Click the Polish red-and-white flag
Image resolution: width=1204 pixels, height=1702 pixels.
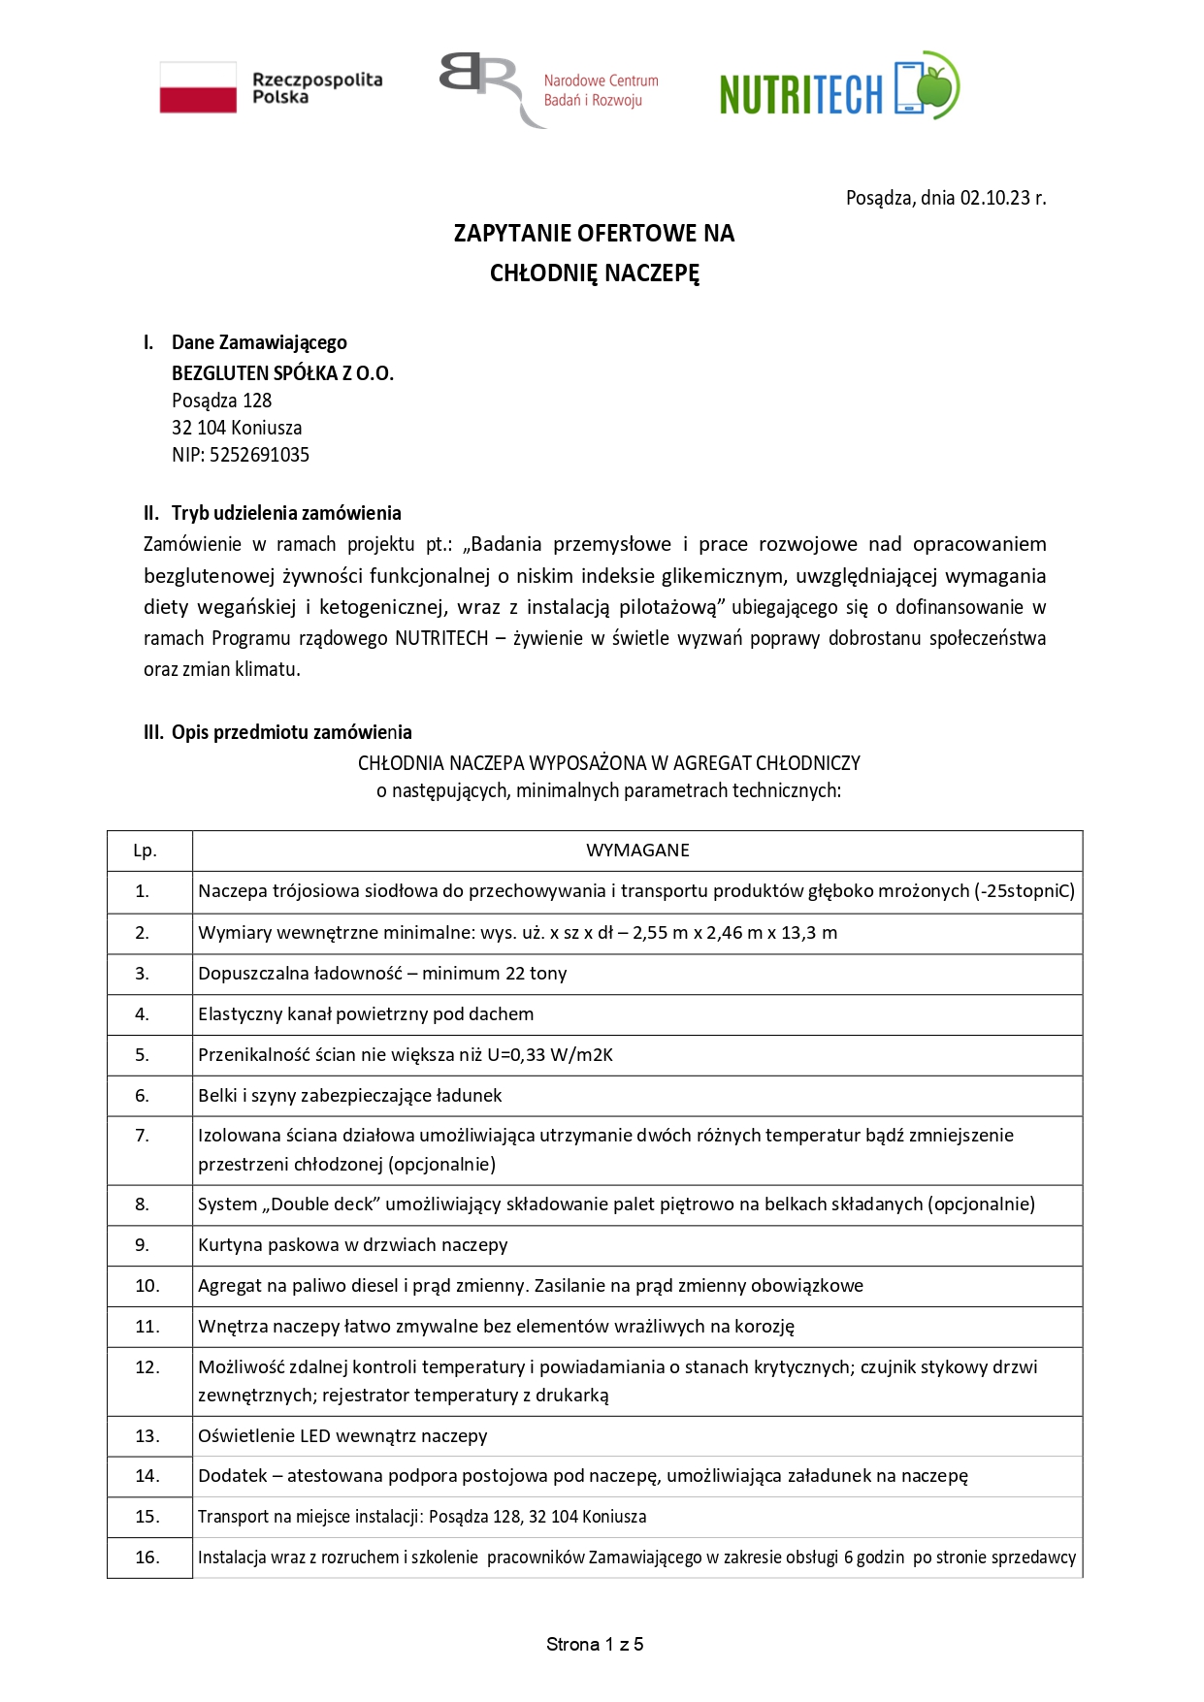click(x=198, y=87)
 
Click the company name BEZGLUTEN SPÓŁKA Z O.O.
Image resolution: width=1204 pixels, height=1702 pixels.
click(x=282, y=373)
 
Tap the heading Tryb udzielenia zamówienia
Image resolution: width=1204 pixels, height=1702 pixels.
click(x=286, y=513)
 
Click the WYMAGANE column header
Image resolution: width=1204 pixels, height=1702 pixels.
click(x=637, y=851)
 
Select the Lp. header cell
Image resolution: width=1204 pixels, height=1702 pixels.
click(x=145, y=851)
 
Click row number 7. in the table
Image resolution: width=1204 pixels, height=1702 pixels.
click(x=143, y=1136)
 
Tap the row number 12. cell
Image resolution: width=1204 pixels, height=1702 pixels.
click(x=147, y=1367)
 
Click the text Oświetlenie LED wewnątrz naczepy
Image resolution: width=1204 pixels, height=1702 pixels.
click(x=342, y=1436)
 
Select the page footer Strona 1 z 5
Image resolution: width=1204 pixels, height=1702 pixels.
click(x=595, y=1644)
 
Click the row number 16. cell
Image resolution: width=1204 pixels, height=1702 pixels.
click(x=147, y=1557)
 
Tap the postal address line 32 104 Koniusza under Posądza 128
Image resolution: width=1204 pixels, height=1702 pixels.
click(x=237, y=428)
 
